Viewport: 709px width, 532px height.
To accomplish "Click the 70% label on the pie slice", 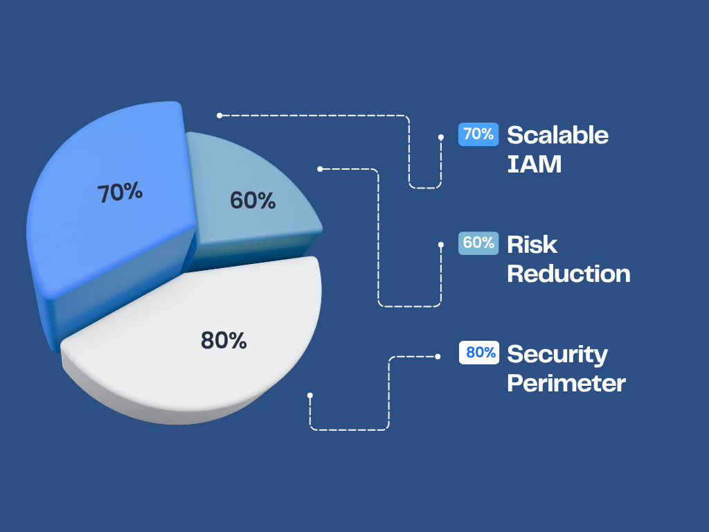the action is (120, 193).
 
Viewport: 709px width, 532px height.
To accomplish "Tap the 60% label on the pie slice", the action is (253, 200).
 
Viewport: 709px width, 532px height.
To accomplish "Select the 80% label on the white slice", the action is (224, 340).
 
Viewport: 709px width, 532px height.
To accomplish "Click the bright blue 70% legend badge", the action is (478, 134).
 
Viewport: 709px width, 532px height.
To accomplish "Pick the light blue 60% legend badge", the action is (478, 243).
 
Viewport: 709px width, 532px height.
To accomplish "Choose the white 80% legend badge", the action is (479, 353).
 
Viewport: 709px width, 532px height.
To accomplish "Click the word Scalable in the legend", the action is (557, 135).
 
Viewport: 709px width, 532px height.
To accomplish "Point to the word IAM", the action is (534, 163).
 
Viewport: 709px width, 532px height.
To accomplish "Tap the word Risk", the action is (532, 245).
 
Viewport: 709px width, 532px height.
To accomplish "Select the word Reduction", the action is (569, 274).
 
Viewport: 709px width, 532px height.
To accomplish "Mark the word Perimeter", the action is (566, 383).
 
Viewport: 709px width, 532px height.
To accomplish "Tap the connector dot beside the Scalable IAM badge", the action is (441, 137).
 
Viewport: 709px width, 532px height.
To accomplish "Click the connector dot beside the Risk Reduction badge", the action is (441, 245).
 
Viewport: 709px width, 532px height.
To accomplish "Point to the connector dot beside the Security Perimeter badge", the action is (438, 357).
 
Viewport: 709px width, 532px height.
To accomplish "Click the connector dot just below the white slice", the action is (309, 396).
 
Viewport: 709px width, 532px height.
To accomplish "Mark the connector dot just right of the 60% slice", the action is (320, 169).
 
